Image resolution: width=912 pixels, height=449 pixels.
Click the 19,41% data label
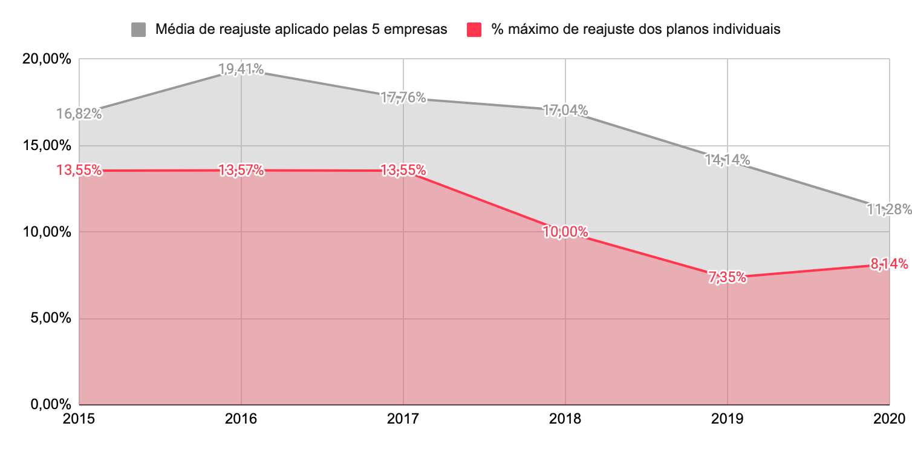pyautogui.click(x=241, y=70)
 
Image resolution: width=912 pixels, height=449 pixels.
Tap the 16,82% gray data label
pyautogui.click(x=79, y=114)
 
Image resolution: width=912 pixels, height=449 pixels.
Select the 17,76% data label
pyautogui.click(x=403, y=97)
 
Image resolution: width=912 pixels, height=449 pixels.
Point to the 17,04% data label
pyautogui.click(x=565, y=111)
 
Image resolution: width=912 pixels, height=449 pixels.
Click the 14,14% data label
pyautogui.click(x=727, y=160)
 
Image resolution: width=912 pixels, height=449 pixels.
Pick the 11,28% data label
pyautogui.click(x=888, y=209)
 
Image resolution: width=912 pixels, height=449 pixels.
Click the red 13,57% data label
pyautogui.click(x=241, y=171)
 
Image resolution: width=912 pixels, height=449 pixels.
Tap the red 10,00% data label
pyautogui.click(x=565, y=232)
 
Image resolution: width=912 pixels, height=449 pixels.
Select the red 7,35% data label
pyautogui.click(x=727, y=278)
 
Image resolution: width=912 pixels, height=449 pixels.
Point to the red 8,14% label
pyautogui.click(x=888, y=264)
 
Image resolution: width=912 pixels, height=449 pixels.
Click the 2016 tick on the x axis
pyautogui.click(x=241, y=419)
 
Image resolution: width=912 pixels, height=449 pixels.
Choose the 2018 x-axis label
pyautogui.click(x=565, y=419)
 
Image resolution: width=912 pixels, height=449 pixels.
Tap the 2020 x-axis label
pyautogui.click(x=888, y=419)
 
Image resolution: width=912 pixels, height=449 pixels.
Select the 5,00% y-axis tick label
pyautogui.click(x=51, y=318)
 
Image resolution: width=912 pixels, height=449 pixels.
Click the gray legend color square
pyautogui.click(x=138, y=29)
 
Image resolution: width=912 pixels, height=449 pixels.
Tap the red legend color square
pyautogui.click(x=475, y=29)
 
